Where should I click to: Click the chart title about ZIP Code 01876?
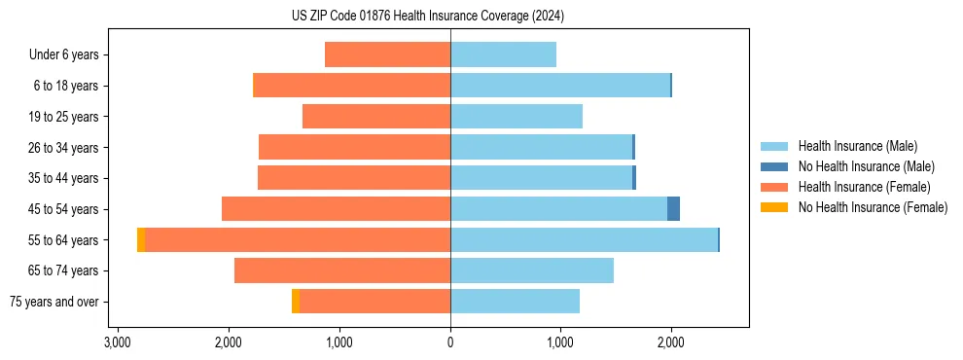tap(427, 17)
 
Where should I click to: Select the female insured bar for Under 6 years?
tap(387, 54)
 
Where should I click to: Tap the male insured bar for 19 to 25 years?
tap(516, 117)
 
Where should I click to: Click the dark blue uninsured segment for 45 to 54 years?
tap(673, 208)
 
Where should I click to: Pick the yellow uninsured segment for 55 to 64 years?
tap(141, 239)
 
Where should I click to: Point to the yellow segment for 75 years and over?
tap(296, 302)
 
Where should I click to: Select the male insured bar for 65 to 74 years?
tap(531, 270)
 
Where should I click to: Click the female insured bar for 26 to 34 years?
tap(354, 147)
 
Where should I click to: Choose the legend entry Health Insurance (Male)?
tap(857, 146)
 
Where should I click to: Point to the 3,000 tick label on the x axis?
tap(118, 342)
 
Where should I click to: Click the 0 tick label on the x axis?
tap(450, 342)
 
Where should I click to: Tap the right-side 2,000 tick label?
tap(671, 342)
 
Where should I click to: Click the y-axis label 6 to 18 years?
tap(66, 86)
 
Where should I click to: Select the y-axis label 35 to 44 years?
tap(63, 178)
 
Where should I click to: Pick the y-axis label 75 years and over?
tap(54, 302)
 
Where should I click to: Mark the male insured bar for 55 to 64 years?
tap(584, 239)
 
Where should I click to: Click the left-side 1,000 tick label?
tap(339, 342)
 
